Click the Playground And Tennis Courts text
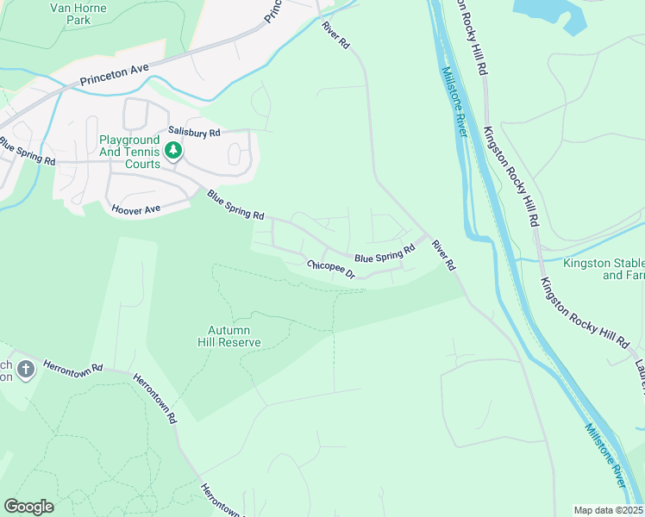129,152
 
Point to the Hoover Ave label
137,209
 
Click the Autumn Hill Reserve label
235,336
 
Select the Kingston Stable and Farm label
603,269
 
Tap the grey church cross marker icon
26,370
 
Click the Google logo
28,507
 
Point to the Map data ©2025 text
607,510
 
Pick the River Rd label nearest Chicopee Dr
443,255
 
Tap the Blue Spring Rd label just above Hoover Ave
235,204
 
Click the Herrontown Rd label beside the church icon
73,366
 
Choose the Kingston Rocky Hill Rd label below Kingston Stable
584,311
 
